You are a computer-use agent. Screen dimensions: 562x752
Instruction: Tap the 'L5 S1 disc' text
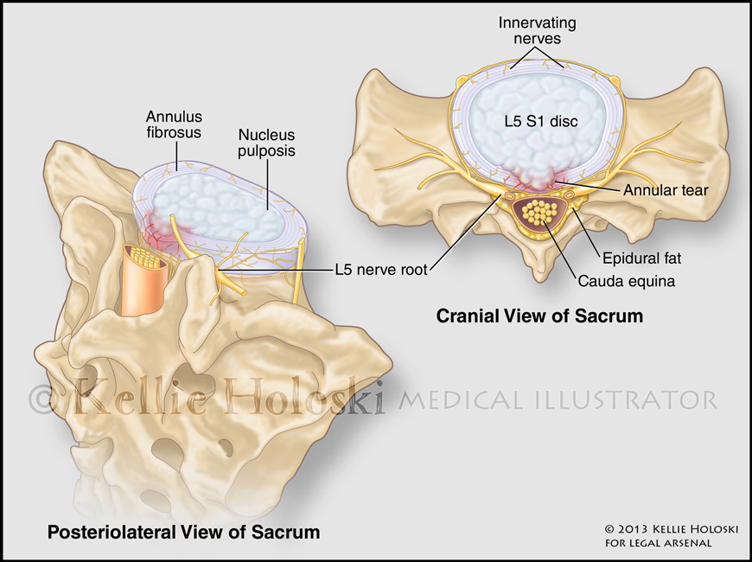(541, 122)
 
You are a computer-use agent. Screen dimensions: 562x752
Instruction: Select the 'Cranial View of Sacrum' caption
(539, 316)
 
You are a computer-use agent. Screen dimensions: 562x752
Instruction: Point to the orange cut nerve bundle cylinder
(150, 280)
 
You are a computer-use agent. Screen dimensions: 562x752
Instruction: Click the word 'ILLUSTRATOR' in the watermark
(621, 399)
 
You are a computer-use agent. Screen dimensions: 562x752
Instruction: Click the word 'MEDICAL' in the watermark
(456, 399)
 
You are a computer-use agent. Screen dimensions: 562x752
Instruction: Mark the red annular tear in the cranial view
(537, 178)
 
